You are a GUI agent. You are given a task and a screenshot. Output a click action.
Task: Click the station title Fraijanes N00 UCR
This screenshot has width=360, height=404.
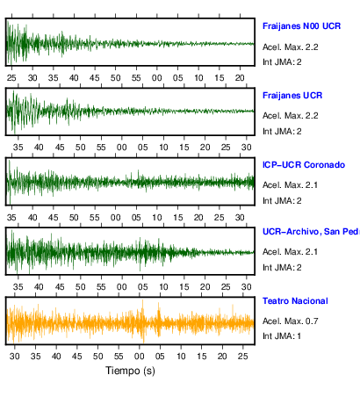pos(301,26)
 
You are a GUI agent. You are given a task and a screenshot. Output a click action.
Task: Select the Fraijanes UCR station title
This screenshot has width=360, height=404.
pos(292,96)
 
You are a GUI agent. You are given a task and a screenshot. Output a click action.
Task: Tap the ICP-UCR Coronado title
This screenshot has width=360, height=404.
pos(304,165)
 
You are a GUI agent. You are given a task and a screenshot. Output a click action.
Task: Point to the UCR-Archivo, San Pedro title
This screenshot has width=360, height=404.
pos(311,232)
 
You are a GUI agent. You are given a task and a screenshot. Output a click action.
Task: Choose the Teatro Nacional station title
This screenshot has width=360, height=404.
pos(295,301)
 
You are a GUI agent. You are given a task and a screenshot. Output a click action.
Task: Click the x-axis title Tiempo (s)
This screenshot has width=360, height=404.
pos(130,371)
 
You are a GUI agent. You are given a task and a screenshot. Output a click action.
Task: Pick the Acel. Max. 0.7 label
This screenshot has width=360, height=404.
pos(291,321)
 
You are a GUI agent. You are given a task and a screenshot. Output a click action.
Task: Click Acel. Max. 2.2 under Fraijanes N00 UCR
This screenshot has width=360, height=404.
pos(291,47)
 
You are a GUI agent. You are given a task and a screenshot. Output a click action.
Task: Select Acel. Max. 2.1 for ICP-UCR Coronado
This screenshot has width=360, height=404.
pos(290,185)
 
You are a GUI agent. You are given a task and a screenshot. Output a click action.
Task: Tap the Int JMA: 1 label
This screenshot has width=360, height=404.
pos(282,335)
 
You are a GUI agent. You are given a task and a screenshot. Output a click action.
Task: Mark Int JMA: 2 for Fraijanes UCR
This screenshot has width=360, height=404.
pos(282,131)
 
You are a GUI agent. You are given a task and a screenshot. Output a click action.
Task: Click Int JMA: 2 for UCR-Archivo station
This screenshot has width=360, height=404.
pos(282,267)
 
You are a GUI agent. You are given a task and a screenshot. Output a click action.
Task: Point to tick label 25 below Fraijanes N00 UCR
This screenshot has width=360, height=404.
pos(11,78)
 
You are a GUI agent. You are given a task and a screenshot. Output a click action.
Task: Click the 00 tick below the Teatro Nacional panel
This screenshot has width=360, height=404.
pos(140,357)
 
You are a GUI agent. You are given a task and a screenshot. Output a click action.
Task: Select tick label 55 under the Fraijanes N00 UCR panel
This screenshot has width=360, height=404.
pos(136,78)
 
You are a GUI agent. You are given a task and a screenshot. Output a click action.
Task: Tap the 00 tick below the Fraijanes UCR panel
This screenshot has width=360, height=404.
pos(122,147)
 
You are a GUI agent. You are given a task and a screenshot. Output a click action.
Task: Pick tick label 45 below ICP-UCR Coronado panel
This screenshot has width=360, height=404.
pos(54,218)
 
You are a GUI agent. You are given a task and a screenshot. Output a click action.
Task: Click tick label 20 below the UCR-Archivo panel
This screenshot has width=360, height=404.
pos(205,286)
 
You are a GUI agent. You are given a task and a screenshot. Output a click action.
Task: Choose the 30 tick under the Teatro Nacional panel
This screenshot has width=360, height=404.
pos(15,357)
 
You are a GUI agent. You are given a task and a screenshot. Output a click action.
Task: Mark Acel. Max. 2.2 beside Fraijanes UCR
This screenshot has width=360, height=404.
pos(291,116)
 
